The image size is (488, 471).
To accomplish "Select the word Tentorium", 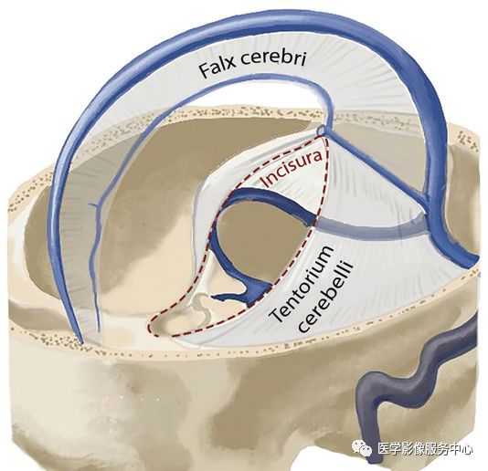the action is (x=301, y=284).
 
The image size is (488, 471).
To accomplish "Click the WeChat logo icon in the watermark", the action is (x=362, y=448).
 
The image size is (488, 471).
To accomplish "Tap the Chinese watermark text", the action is (x=425, y=449).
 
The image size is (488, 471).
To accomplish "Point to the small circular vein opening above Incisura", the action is (x=322, y=130).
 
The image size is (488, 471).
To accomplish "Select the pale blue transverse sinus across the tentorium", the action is (x=370, y=228).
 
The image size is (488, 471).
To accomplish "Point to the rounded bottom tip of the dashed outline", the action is (x=152, y=328).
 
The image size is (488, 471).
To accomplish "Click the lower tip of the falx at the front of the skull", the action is (x=81, y=341).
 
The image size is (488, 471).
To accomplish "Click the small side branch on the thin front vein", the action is (x=93, y=204).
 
